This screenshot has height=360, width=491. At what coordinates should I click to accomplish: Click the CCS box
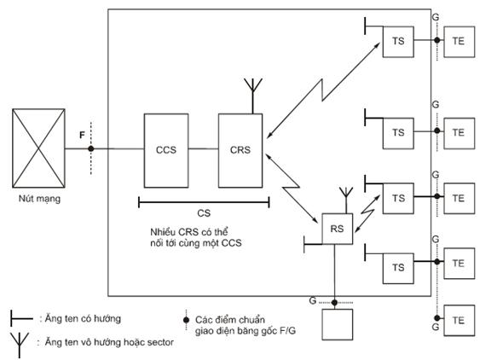[x=166, y=151]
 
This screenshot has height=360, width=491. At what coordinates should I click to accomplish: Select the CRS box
[x=240, y=151]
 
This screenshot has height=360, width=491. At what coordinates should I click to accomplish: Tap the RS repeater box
[x=338, y=229]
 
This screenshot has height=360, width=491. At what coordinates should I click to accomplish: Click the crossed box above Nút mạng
[x=38, y=148]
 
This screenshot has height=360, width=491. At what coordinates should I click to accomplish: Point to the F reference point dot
[x=91, y=148]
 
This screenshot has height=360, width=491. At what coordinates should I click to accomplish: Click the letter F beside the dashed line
[x=82, y=135]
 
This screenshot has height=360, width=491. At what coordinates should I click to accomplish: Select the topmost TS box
[x=398, y=42]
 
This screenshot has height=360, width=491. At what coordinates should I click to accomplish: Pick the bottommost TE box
[x=459, y=321]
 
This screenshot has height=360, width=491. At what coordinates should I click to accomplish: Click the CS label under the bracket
[x=204, y=213]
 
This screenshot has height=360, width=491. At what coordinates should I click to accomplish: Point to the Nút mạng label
[x=39, y=199]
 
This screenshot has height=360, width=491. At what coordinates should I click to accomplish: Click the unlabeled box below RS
[x=338, y=324]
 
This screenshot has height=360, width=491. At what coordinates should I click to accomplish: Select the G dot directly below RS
[x=334, y=303]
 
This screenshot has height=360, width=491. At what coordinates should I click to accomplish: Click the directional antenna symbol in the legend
[x=21, y=319]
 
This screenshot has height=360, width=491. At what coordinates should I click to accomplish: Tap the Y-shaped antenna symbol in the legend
[x=20, y=345]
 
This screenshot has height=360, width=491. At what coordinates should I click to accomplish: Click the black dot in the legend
[x=187, y=320]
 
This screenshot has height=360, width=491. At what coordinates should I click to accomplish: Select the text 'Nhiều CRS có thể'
[x=189, y=232]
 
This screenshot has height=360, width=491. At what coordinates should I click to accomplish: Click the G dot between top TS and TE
[x=437, y=40]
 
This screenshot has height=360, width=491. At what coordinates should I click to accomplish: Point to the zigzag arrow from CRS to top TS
[x=322, y=90]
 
